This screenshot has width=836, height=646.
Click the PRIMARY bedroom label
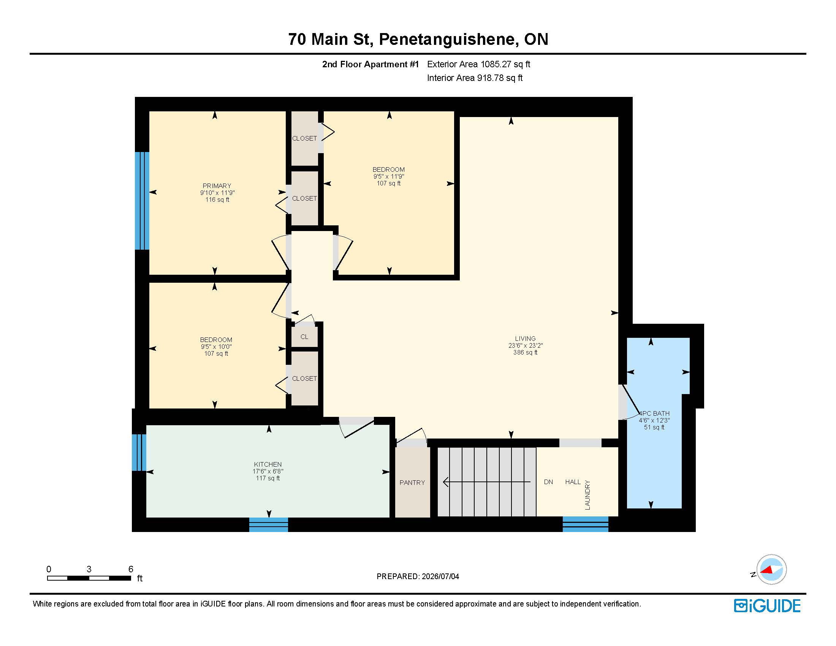[x=217, y=185]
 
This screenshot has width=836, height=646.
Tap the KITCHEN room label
[x=268, y=464]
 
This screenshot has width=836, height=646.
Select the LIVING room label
[x=525, y=339]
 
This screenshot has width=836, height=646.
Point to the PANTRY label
[x=412, y=483]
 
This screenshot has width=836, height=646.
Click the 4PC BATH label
[x=654, y=413]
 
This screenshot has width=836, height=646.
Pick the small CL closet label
[x=304, y=337]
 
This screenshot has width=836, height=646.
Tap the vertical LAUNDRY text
[x=587, y=495]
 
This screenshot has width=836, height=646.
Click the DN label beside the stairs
[x=548, y=482]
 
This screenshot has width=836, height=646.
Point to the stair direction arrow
[x=486, y=482]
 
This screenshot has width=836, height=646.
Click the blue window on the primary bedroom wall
[x=142, y=201]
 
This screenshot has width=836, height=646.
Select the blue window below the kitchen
[x=268, y=524]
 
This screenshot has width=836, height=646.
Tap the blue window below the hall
[x=585, y=524]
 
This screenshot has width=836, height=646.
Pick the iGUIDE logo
[x=767, y=606]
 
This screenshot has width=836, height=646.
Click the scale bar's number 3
[x=89, y=569]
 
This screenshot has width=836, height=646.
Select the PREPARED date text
[x=418, y=576]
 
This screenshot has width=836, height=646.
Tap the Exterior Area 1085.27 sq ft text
[x=478, y=64]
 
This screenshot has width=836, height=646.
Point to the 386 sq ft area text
[x=525, y=353]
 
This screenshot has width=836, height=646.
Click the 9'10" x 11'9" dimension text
[x=217, y=193]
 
